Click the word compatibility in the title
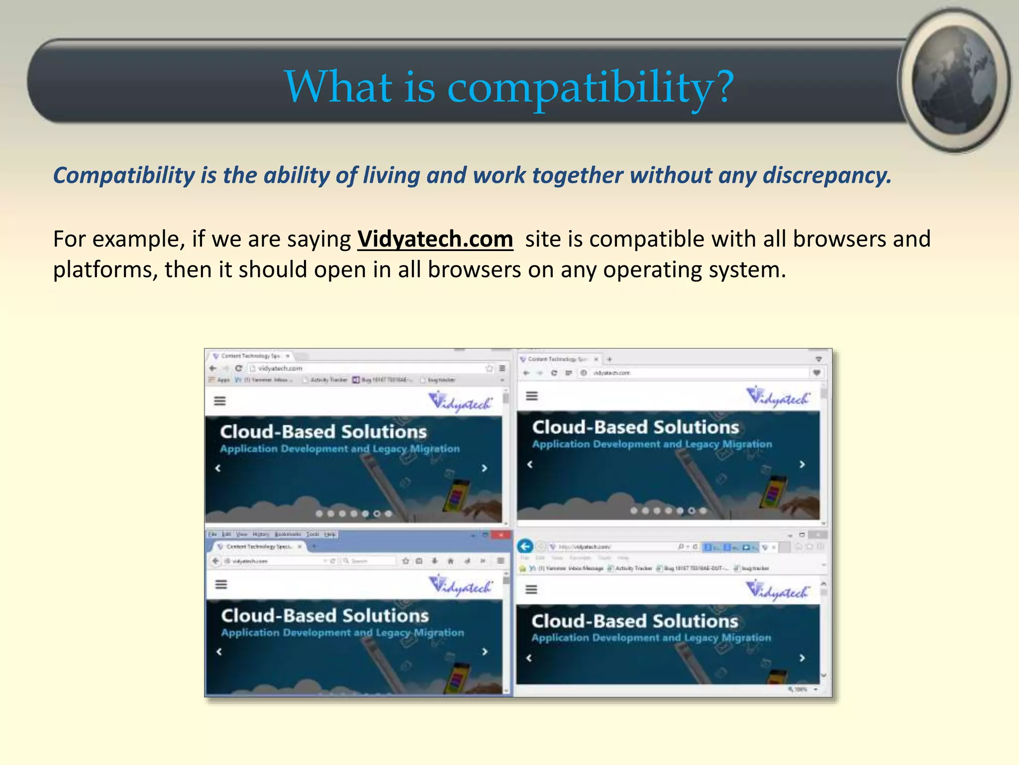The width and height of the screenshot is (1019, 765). pyautogui.click(x=580, y=88)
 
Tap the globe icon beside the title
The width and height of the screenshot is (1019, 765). pyautogui.click(x=954, y=80)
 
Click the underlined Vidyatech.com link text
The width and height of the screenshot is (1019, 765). pyautogui.click(x=435, y=239)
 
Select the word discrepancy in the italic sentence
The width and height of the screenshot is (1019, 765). pyautogui.click(x=826, y=175)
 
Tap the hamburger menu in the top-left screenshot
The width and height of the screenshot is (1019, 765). pyautogui.click(x=220, y=401)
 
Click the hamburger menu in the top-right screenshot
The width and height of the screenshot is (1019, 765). pyautogui.click(x=532, y=396)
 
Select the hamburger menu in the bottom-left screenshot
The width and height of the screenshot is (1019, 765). pyautogui.click(x=221, y=584)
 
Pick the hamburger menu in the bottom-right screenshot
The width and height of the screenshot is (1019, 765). pyautogui.click(x=531, y=590)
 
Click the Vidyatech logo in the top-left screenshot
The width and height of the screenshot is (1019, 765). pyautogui.click(x=460, y=401)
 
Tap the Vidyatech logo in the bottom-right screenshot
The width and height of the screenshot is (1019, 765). pyautogui.click(x=777, y=591)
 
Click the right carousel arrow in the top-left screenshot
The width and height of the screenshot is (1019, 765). pyautogui.click(x=485, y=468)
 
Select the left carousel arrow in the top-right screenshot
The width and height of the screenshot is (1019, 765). pyautogui.click(x=530, y=464)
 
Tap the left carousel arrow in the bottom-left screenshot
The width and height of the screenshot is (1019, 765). pyautogui.click(x=219, y=651)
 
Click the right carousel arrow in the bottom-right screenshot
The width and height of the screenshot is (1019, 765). pyautogui.click(x=802, y=658)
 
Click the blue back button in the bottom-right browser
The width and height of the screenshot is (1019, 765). pyautogui.click(x=525, y=546)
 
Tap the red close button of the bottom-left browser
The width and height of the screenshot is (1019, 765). pyautogui.click(x=501, y=534)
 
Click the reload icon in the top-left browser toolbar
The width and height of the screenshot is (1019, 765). pyautogui.click(x=238, y=368)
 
